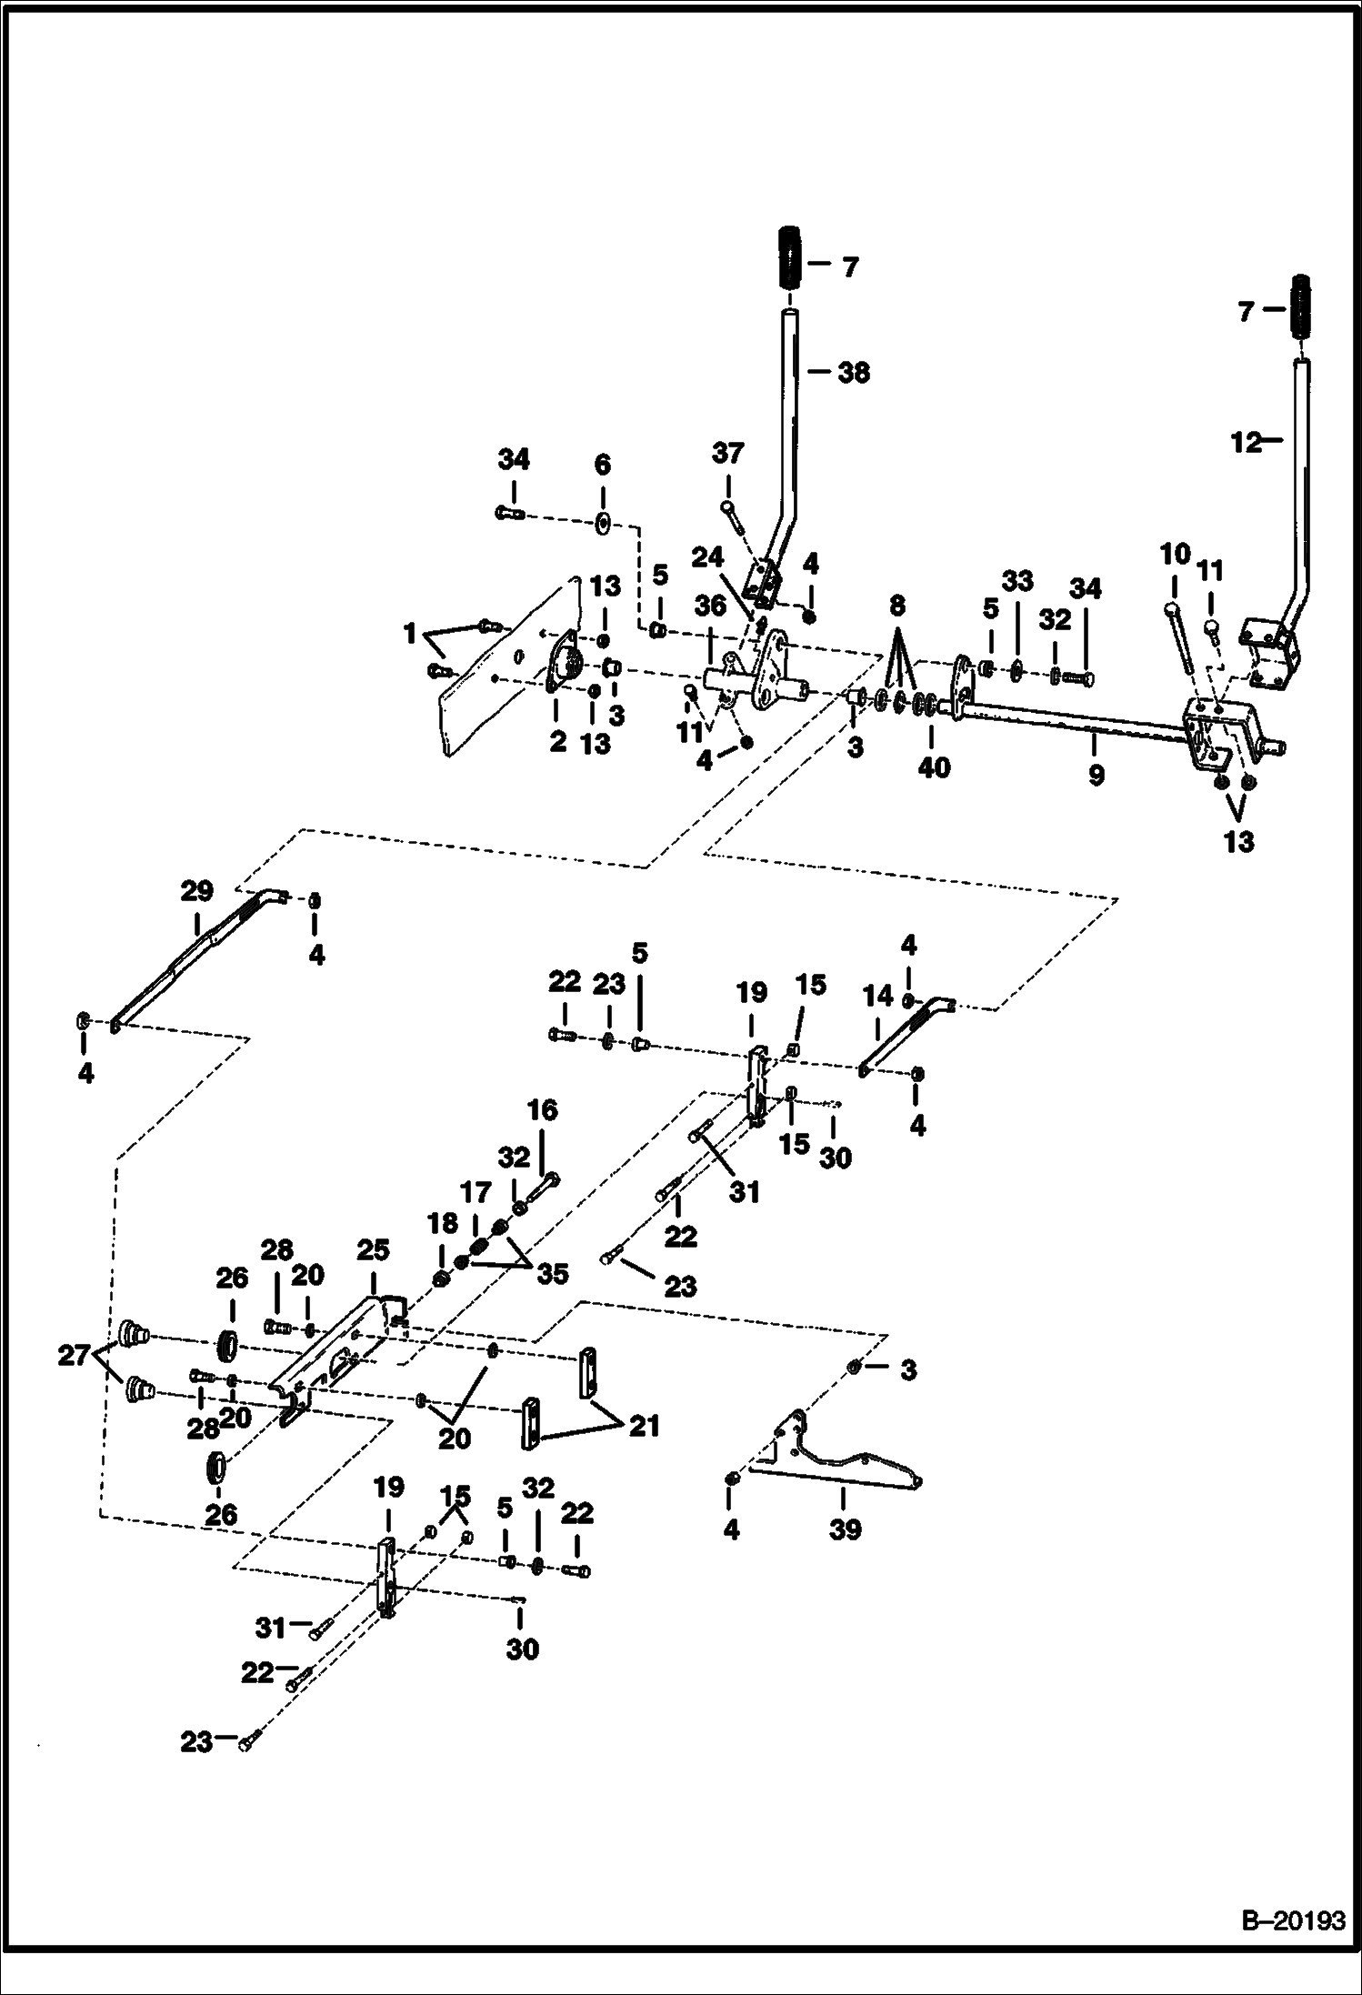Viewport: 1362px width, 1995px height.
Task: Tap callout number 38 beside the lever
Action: [852, 372]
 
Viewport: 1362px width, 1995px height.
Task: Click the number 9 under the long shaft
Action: [1096, 775]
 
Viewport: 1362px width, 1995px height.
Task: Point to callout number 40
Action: [934, 767]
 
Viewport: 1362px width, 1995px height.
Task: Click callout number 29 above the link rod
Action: [196, 890]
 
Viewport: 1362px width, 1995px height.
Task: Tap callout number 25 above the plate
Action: [373, 1250]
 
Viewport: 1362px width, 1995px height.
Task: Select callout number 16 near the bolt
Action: [542, 1110]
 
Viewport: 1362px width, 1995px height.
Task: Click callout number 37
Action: [727, 452]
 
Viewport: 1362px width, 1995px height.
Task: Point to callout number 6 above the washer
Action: [603, 465]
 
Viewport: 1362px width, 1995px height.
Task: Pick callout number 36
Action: [710, 604]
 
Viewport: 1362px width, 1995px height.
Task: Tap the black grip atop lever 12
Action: [1301, 307]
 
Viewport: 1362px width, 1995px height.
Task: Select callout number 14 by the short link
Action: [878, 997]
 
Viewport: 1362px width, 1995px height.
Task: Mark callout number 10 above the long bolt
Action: [1175, 554]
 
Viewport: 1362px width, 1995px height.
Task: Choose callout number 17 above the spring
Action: [475, 1191]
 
